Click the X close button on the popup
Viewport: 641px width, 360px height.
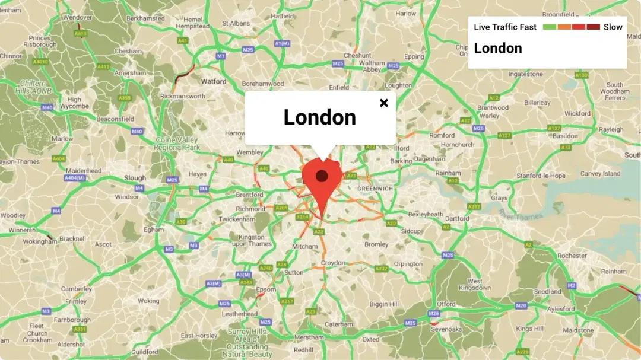(x=384, y=103)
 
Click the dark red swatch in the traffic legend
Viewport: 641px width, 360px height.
(x=594, y=27)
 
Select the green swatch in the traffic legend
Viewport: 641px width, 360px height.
(x=549, y=27)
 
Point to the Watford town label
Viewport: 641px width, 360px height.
(x=214, y=81)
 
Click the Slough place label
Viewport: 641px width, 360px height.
(x=135, y=178)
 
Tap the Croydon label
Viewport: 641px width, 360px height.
(x=332, y=263)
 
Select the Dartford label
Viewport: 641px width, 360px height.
(x=457, y=218)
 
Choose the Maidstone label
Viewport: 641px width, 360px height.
(x=578, y=330)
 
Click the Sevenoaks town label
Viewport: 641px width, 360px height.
(x=446, y=329)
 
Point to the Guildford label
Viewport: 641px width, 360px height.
(x=145, y=352)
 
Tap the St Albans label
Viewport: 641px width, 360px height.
(x=236, y=23)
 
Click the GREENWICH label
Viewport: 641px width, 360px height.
(x=375, y=189)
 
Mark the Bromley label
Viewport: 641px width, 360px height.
(x=376, y=244)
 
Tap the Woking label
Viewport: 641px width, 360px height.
(x=148, y=301)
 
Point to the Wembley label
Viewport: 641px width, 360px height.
(x=250, y=152)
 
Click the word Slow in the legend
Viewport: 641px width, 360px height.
(x=613, y=27)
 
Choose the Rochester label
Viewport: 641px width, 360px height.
(x=572, y=256)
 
